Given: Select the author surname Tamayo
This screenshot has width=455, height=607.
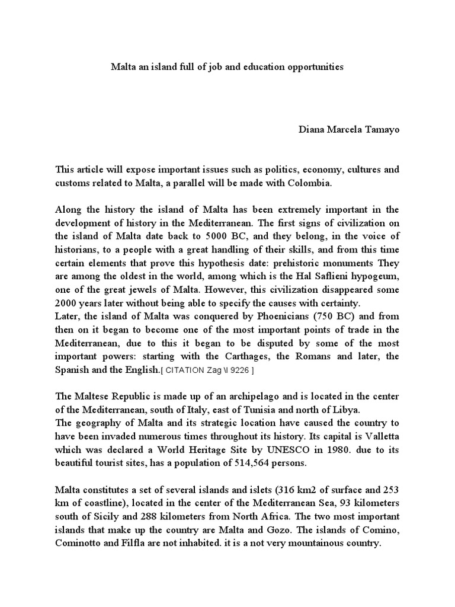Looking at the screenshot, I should tap(383, 129).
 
